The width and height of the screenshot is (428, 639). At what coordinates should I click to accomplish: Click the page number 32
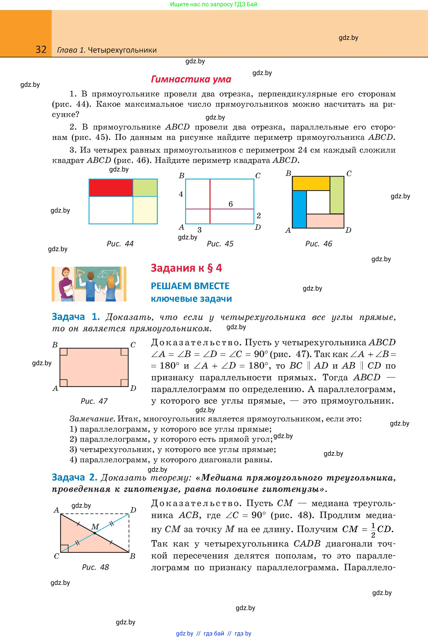click(41, 49)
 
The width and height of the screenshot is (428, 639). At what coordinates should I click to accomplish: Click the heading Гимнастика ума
click(191, 79)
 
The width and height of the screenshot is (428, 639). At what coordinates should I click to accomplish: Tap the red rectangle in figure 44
click(111, 188)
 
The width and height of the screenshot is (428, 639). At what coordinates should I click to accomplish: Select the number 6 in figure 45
click(231, 204)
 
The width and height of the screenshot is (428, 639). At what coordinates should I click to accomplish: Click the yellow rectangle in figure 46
click(311, 183)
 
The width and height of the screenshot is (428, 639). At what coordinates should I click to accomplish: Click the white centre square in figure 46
click(318, 202)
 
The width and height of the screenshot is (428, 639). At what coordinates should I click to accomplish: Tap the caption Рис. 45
click(220, 244)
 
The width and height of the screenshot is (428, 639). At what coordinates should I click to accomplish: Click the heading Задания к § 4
click(186, 268)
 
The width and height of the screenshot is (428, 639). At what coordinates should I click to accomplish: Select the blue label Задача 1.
click(76, 317)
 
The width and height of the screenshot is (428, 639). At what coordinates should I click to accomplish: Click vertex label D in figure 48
click(133, 510)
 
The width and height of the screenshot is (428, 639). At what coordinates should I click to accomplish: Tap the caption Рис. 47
click(94, 401)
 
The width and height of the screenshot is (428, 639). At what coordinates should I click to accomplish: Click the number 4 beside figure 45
click(181, 194)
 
